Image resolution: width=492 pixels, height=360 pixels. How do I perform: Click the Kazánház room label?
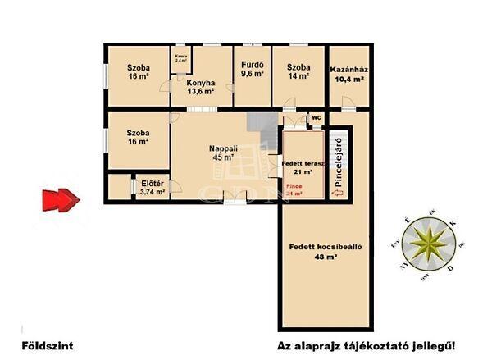[x=348, y=75]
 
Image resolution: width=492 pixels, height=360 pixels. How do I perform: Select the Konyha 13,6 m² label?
[x=200, y=87]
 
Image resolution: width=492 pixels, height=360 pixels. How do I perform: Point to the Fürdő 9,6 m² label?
[x=252, y=68]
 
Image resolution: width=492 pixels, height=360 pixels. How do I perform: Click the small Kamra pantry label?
[x=180, y=58]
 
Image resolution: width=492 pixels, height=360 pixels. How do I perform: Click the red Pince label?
[x=294, y=190]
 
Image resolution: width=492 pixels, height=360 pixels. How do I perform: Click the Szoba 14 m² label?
[x=298, y=71]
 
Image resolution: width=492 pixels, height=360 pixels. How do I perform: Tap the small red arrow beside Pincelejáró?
[x=336, y=192]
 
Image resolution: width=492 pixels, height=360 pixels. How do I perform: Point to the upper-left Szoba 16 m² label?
[x=136, y=71]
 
